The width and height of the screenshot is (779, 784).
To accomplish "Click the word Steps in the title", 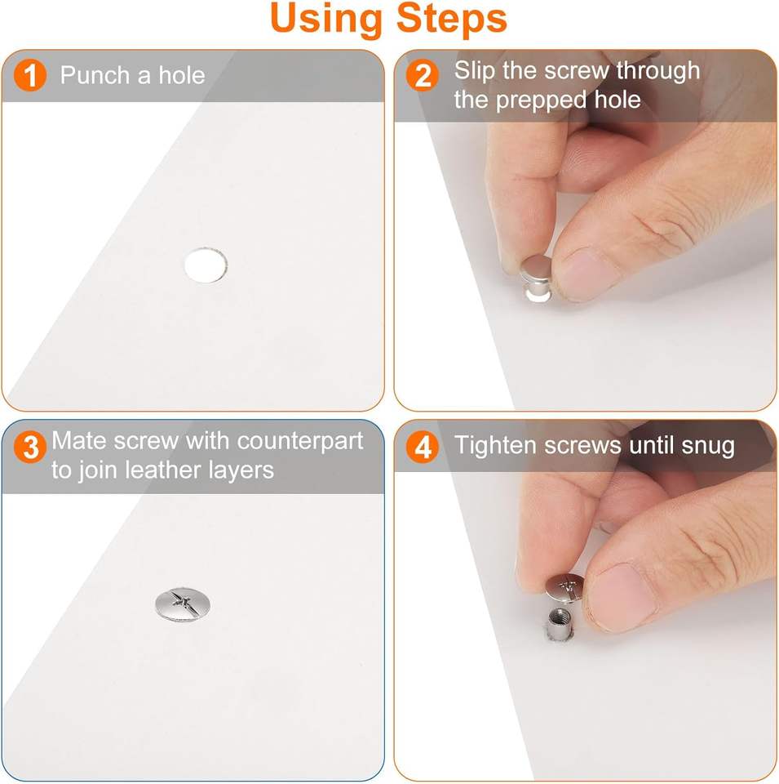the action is [451, 19].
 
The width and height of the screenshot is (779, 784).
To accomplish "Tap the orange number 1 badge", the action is [30, 75].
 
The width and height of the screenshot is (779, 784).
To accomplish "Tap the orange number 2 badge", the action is [422, 75].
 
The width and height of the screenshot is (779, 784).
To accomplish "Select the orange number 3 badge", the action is [30, 447].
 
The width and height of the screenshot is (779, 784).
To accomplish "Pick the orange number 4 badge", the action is [422, 447].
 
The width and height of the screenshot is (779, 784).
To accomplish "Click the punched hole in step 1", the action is [206, 265].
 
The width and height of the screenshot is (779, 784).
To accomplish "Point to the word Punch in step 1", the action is [95, 75].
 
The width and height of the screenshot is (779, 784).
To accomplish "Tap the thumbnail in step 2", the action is [588, 274].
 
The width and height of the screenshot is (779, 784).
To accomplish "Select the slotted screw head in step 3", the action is [183, 604].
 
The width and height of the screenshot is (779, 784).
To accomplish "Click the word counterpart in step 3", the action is [300, 442].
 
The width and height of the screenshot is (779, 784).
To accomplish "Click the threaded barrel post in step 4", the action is [560, 623].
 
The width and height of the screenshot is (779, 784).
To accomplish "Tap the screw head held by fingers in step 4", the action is [564, 588].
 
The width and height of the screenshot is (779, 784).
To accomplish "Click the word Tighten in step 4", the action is [495, 446].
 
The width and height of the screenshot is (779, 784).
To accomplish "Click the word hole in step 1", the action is [182, 75].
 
